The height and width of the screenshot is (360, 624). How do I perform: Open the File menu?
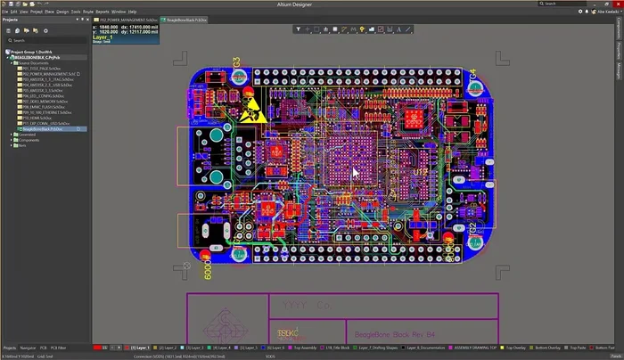point(4,12)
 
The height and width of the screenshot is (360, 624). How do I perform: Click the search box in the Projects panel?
point(45,41)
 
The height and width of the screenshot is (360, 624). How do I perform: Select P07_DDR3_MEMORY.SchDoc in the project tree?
point(42,102)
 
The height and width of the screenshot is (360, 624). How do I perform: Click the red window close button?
point(617,4)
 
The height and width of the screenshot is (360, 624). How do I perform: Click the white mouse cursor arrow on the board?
point(356,172)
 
